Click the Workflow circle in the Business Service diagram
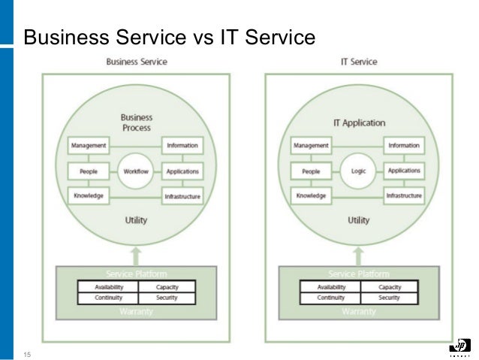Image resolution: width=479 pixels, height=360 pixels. click(x=136, y=171)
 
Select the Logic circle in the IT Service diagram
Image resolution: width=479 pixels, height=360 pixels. click(x=358, y=171)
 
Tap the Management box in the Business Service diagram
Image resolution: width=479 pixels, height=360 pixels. click(x=88, y=145)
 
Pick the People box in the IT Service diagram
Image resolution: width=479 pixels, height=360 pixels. click(x=310, y=171)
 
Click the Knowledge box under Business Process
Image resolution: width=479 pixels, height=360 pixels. click(x=88, y=196)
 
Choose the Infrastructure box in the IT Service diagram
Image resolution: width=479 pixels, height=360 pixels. click(x=404, y=196)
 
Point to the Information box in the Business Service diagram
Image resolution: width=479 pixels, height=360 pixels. click(x=182, y=145)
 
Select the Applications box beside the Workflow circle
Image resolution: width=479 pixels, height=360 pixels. click(x=182, y=171)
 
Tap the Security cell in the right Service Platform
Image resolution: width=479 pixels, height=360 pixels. click(x=389, y=298)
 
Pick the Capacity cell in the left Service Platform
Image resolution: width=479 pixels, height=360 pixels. click(x=166, y=287)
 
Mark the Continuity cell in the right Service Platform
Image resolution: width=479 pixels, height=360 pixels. click(x=330, y=298)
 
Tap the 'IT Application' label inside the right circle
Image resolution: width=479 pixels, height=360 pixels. click(x=358, y=123)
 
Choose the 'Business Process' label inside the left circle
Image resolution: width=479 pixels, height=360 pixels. click(x=136, y=123)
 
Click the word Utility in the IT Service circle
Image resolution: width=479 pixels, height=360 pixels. click(x=358, y=221)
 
